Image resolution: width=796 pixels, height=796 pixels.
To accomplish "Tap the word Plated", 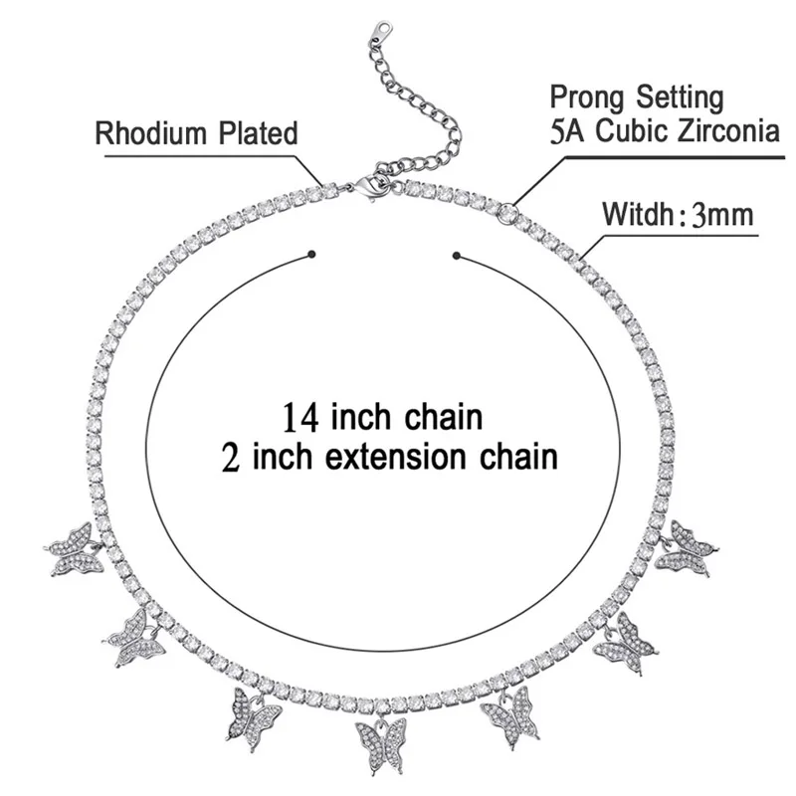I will [257, 134].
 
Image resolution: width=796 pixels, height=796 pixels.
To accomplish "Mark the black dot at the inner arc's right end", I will [458, 257].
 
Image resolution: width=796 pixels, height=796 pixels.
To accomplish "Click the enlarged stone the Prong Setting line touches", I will [508, 211].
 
